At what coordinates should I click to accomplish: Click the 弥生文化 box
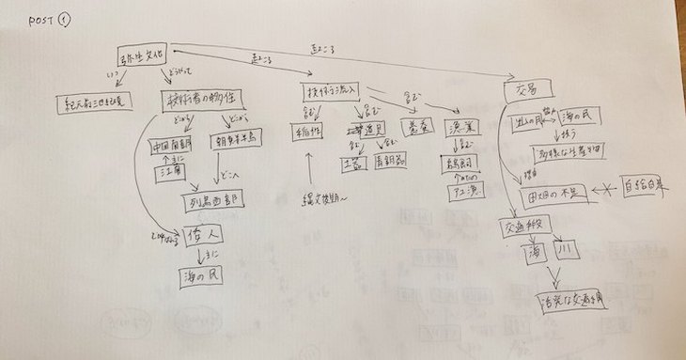pos(142,56)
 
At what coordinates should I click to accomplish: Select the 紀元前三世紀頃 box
pos(95,102)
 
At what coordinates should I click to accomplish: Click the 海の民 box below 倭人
pos(204,277)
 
